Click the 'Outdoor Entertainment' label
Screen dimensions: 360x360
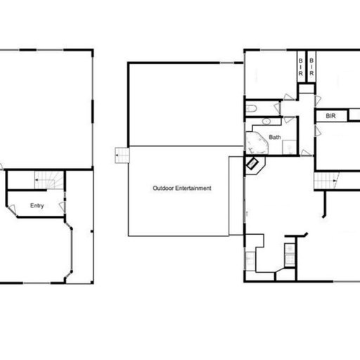[x=183, y=188]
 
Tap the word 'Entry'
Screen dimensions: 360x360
[x=37, y=206]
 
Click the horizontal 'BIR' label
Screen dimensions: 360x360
[x=330, y=115]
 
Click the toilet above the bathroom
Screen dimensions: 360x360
[x=250, y=109]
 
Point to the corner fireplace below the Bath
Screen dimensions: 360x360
[x=253, y=165]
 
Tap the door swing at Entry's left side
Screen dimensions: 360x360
[x=12, y=207]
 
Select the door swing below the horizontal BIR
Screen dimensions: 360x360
[x=319, y=129]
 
